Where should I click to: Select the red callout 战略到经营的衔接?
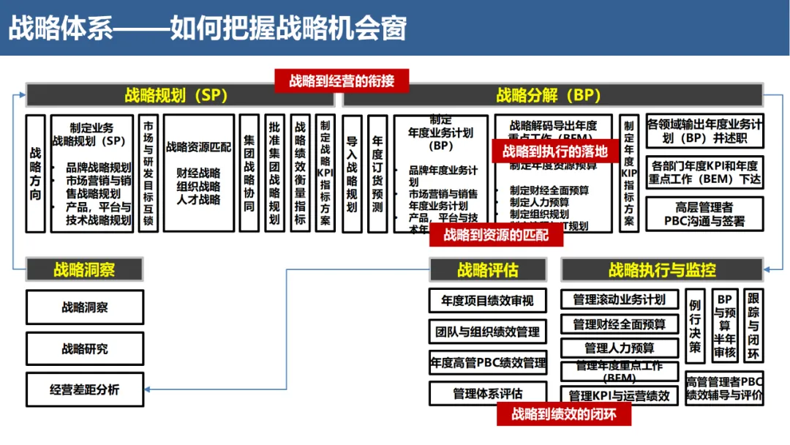tap(341, 81)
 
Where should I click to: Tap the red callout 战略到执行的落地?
tap(554, 152)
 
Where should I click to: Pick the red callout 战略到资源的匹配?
tap(495, 235)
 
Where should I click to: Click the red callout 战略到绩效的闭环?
tap(563, 414)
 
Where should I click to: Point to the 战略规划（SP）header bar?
tap(180, 95)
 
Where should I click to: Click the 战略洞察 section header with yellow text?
tap(84, 269)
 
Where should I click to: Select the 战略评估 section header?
tap(487, 269)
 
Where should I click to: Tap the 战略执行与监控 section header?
tap(662, 269)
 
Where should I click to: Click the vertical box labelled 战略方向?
tap(36, 173)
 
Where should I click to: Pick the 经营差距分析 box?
tap(84, 389)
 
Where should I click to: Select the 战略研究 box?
tap(84, 348)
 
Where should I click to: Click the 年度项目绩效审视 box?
tap(487, 300)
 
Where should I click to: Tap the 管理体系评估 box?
tap(487, 394)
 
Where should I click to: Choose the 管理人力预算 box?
tap(619, 348)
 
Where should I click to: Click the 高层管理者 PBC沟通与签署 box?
tap(704, 214)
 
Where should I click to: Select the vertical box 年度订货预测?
tap(377, 173)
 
